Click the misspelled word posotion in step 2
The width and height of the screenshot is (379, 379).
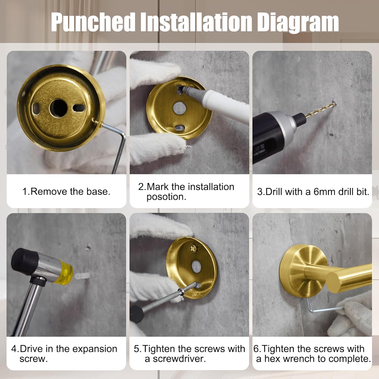coord(166,197)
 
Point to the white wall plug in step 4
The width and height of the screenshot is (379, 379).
coord(81,276)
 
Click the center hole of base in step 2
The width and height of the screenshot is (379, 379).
coord(180,108)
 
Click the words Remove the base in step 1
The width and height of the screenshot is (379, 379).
coord(70,192)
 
